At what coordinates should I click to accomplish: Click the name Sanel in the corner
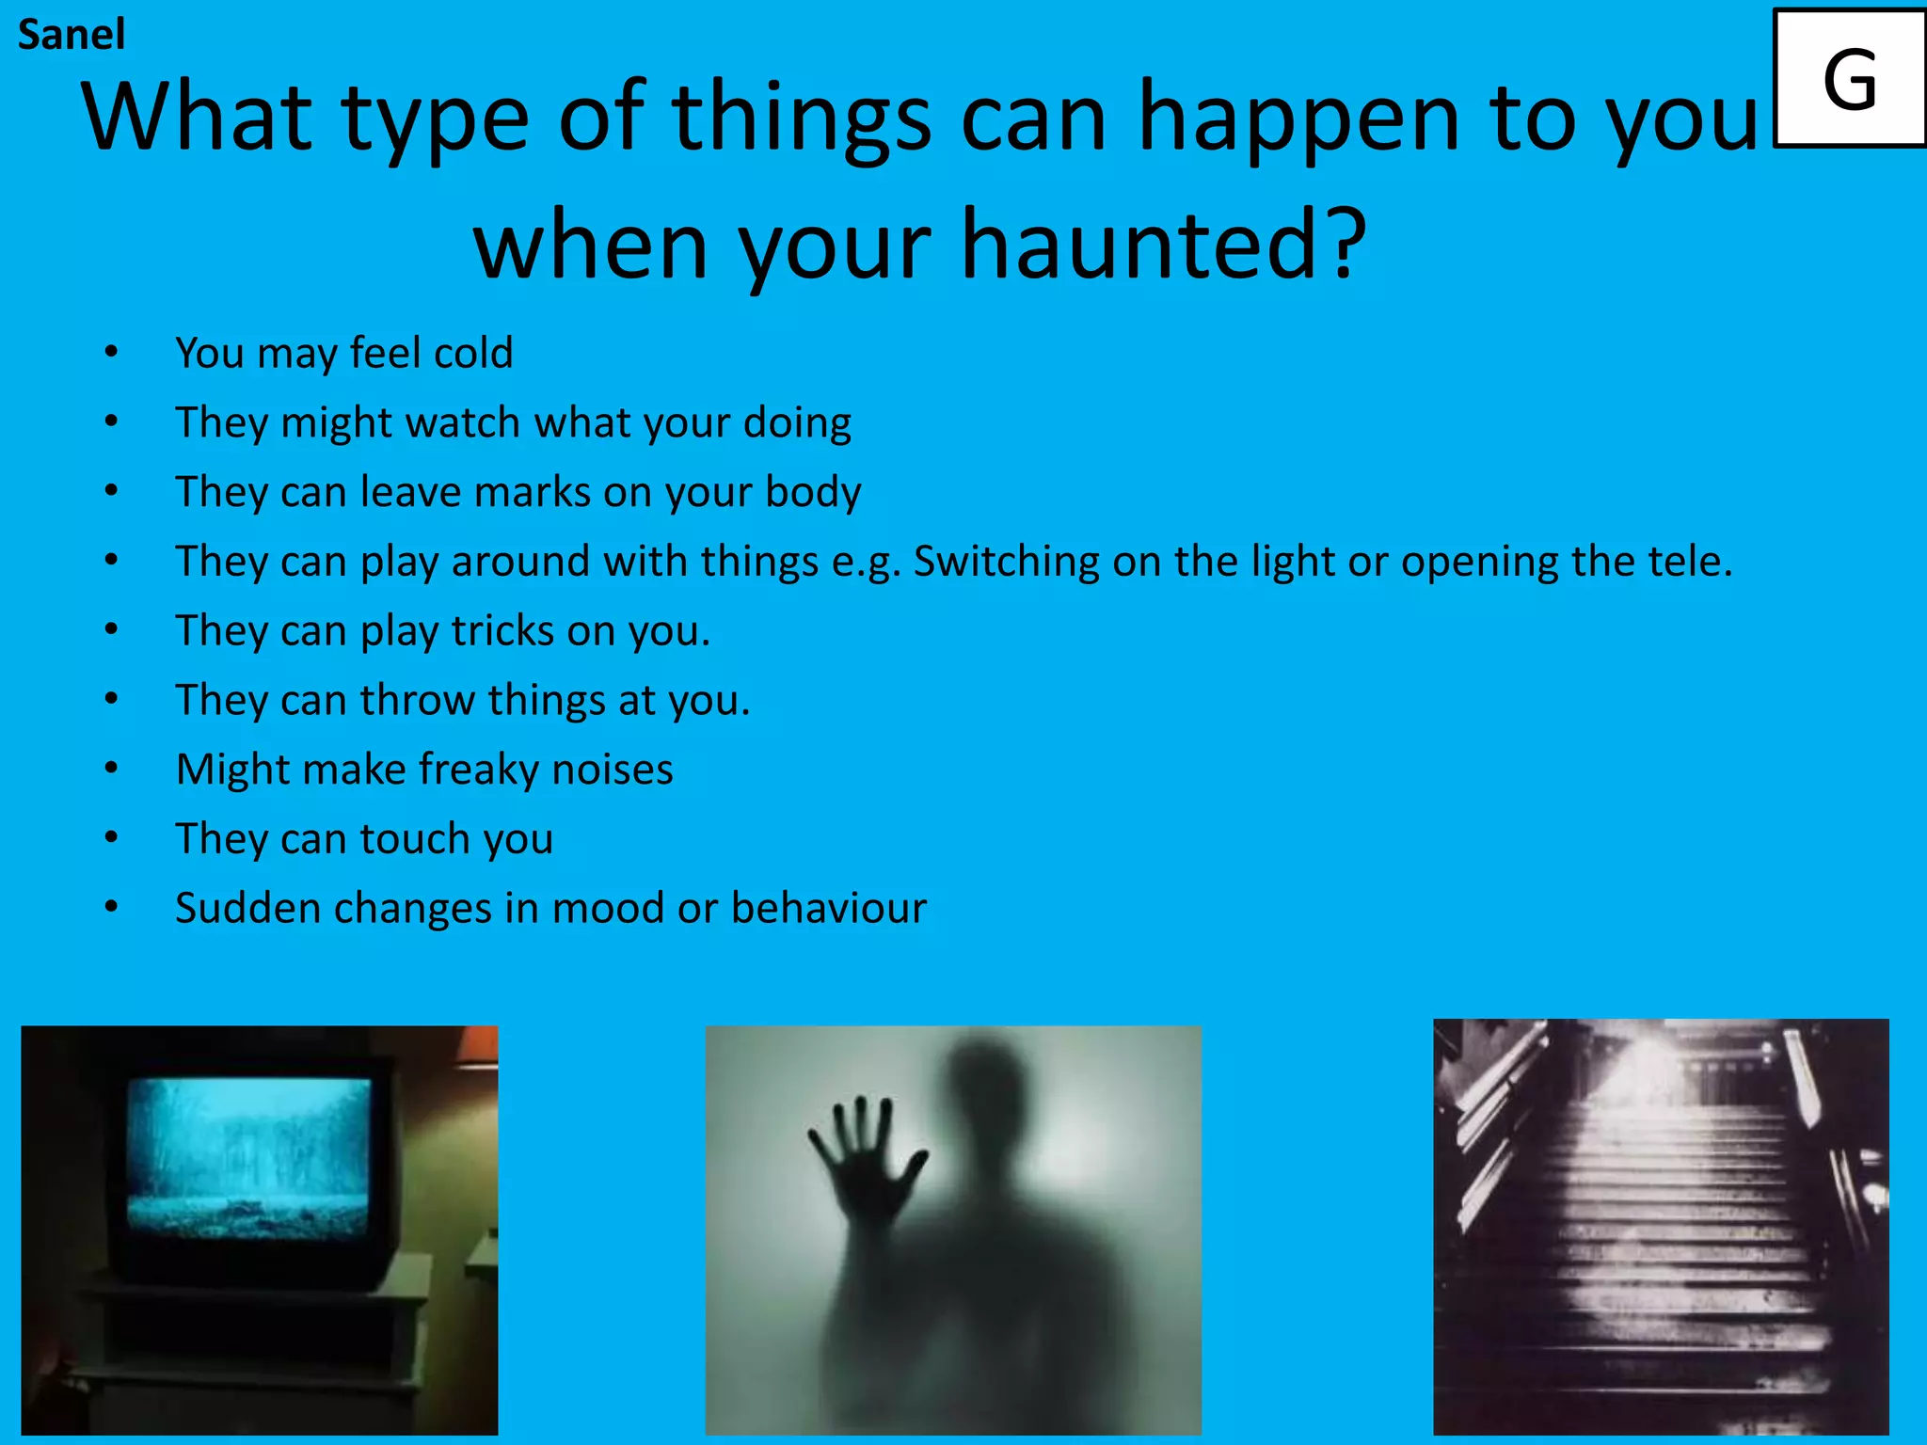pyautogui.click(x=71, y=35)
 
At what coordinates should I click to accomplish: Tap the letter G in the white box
pyautogui.click(x=1849, y=81)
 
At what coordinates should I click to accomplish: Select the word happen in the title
pyautogui.click(x=1298, y=118)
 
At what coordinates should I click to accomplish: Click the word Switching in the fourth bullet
pyautogui.click(x=1006, y=562)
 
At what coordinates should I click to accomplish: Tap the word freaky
pyautogui.click(x=479, y=770)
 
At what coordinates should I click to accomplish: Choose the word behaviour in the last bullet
pyautogui.click(x=828, y=908)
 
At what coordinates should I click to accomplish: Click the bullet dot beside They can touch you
pyautogui.click(x=111, y=838)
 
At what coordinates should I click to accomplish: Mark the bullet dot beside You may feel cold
pyautogui.click(x=111, y=353)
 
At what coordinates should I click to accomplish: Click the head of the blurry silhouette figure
pyautogui.click(x=988, y=1091)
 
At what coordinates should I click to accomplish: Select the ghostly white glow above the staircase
pyautogui.click(x=1637, y=1072)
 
